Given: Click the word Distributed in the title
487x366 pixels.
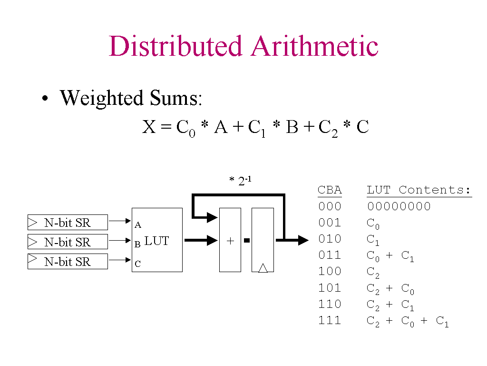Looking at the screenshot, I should (x=175, y=47).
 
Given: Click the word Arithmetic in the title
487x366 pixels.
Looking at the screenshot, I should (x=315, y=47).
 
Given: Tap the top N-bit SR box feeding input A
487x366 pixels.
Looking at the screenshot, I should (x=68, y=223).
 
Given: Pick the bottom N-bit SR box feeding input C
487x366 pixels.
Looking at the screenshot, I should (x=68, y=262).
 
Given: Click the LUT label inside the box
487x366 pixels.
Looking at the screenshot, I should (x=156, y=241).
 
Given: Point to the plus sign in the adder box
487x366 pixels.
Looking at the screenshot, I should (x=230, y=241).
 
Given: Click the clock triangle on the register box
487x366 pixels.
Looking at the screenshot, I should (x=263, y=268).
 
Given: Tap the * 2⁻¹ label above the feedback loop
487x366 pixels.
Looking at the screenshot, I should (x=240, y=181).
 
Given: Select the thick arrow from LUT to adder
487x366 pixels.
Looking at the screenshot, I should (x=200, y=240).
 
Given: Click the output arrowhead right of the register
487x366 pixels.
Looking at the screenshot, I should (x=302, y=240).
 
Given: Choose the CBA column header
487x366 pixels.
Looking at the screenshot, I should (x=330, y=190).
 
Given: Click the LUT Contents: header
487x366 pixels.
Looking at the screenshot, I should (x=419, y=190).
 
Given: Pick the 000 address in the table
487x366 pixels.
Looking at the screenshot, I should (x=330, y=206).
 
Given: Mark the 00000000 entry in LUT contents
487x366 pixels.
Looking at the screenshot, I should (x=399, y=206).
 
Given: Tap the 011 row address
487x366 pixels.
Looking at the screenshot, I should (x=330, y=255).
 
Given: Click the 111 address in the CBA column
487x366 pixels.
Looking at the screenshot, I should (x=330, y=320).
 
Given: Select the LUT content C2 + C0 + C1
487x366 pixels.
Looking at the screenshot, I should (x=408, y=322).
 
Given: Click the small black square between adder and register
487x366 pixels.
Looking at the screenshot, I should (x=246, y=241).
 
